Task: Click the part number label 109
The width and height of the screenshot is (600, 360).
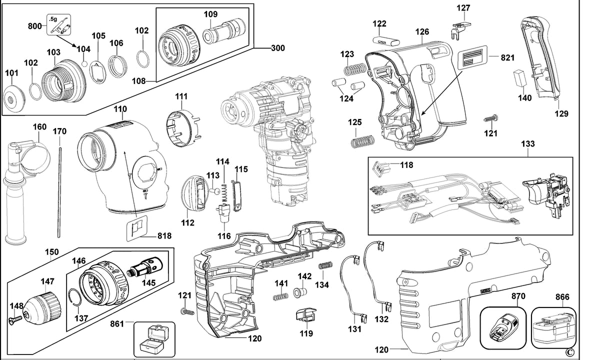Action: coord(211,14)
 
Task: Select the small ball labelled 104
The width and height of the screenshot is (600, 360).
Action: coord(84,64)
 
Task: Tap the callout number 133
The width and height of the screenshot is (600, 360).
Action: coord(527,144)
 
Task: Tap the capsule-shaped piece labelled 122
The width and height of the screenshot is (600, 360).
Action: coord(386,40)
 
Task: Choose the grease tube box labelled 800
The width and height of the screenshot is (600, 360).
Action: coord(59,25)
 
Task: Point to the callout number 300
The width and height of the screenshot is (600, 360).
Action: coord(278,48)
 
